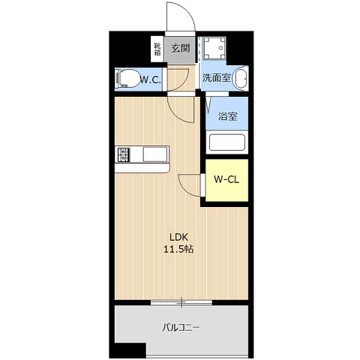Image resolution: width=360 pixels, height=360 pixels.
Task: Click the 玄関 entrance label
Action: [180, 48]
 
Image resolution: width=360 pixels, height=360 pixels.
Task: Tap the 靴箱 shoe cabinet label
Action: [157, 49]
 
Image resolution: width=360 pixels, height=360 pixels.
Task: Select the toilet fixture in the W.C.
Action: [128, 79]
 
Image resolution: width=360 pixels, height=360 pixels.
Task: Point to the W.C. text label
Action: [150, 80]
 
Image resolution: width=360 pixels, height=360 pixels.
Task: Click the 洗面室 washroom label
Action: [216, 78]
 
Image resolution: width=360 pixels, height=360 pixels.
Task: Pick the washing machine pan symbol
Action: [214, 48]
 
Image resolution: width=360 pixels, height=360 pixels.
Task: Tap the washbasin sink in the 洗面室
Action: [241, 79]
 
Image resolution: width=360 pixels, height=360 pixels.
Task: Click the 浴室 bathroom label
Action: [227, 116]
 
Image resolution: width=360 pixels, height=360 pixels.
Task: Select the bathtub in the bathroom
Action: [227, 142]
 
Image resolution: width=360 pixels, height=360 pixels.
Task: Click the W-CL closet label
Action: [226, 179]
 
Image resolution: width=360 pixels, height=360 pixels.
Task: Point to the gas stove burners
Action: [124, 154]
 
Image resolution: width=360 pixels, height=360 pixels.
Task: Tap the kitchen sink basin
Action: [154, 154]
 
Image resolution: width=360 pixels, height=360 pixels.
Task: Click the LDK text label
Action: [178, 237]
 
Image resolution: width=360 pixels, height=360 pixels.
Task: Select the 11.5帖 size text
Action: [178, 249]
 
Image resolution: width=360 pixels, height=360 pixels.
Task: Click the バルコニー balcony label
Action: [181, 328]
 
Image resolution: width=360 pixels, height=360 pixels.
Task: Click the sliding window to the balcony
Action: [181, 302]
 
